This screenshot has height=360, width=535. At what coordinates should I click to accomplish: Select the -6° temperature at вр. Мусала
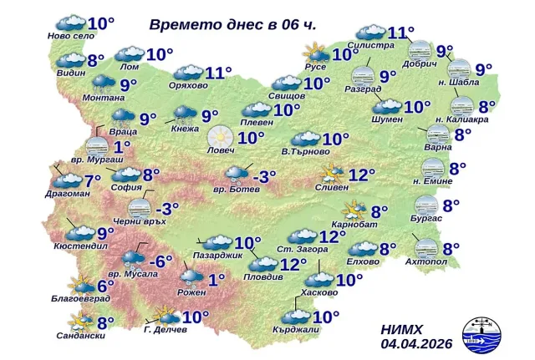166,261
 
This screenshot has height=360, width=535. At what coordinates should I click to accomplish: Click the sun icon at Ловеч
219,134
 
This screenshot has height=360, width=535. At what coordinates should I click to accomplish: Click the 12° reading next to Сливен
362,175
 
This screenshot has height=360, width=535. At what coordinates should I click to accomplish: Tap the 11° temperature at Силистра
401,33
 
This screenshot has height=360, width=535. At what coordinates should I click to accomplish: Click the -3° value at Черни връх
166,208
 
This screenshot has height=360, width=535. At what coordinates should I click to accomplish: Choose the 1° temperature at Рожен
217,279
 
